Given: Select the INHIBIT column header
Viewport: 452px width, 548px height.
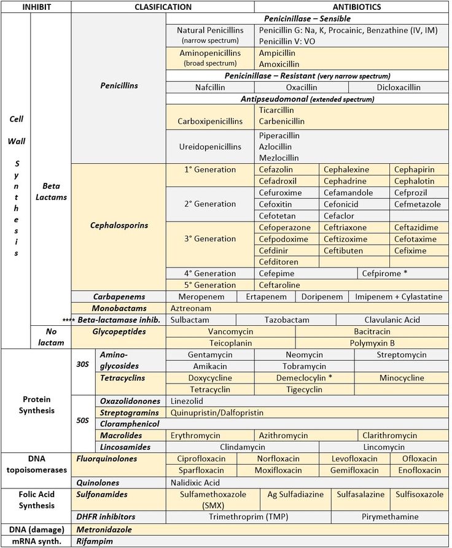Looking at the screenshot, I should (x=36, y=7).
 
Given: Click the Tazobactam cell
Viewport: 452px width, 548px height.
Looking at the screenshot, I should (x=286, y=320).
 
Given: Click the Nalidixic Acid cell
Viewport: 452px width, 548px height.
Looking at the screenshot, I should (x=195, y=482).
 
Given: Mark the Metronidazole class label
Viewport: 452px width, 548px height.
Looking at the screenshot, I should (x=104, y=529).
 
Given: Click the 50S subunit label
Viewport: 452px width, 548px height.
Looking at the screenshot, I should (x=82, y=422).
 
